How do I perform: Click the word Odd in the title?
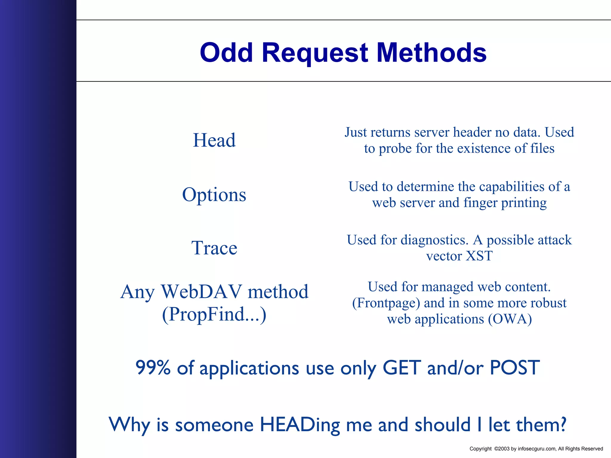226,52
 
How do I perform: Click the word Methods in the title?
431,52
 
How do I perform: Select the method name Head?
214,140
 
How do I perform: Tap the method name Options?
214,195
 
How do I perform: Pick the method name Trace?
214,248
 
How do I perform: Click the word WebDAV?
201,292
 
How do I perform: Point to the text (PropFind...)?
214,314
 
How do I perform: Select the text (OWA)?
510,319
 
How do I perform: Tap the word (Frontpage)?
386,303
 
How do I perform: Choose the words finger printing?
505,203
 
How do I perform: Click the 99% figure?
153,367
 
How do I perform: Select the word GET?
402,367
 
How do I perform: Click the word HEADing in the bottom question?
300,425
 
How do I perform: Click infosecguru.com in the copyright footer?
537,449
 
